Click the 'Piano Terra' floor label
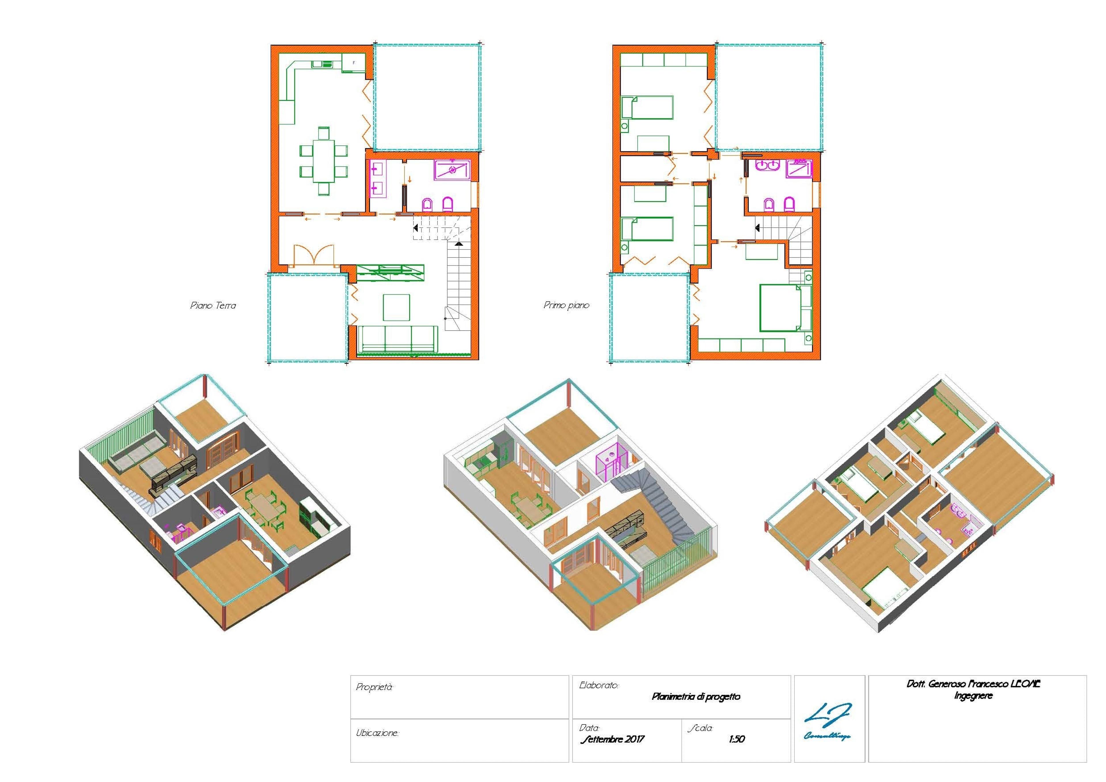click(x=213, y=306)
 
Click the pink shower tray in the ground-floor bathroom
click(x=452, y=170)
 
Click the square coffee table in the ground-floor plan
click(x=396, y=307)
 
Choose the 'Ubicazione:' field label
click(x=377, y=733)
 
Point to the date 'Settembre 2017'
click(x=612, y=739)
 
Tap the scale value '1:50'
click(x=736, y=739)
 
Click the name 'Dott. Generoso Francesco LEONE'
click(x=973, y=684)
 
